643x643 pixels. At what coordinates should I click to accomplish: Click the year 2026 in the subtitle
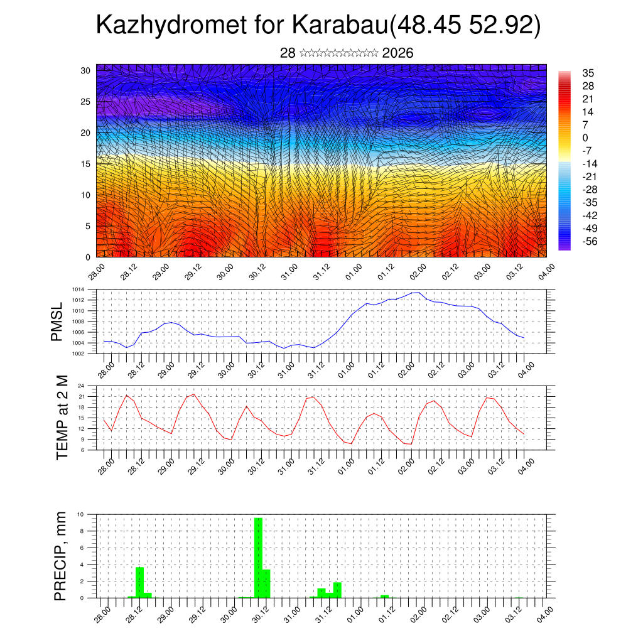397,53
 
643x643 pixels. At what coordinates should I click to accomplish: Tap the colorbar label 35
588,73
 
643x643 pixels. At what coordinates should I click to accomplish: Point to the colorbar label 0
585,138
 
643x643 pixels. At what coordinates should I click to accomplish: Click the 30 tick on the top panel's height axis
85,70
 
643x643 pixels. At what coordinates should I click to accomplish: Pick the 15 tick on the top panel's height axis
85,164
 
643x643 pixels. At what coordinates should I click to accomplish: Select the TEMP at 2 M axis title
62,417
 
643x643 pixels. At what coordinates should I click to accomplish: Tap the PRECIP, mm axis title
60,556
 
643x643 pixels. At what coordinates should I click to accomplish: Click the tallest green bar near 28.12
140,582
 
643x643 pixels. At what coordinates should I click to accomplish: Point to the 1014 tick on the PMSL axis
78,289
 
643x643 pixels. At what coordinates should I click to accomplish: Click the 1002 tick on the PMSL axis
78,354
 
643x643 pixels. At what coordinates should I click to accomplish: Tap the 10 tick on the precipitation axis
80,514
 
